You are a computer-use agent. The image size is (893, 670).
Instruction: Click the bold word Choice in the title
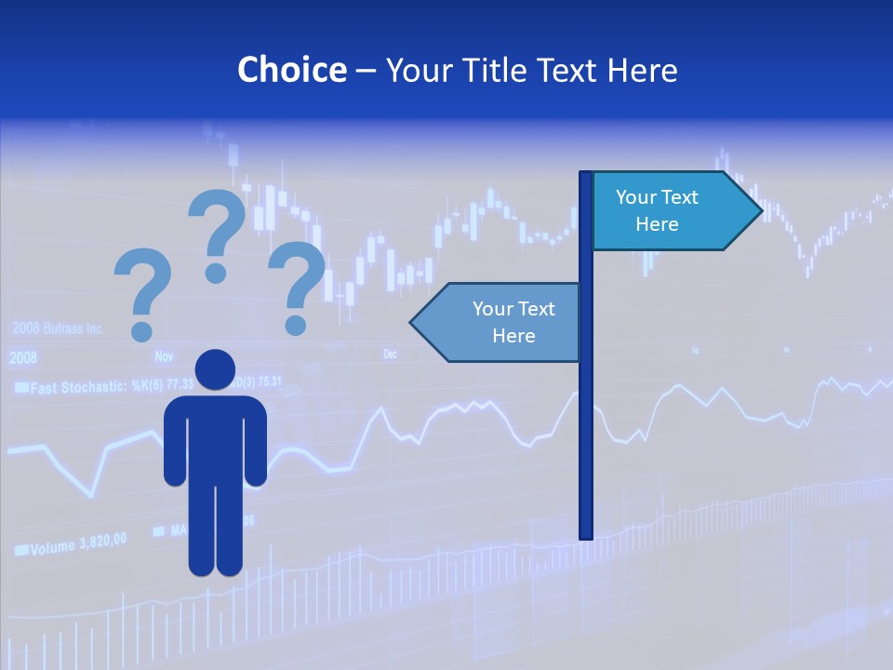pos(291,70)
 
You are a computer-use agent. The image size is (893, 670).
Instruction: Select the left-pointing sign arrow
pos(498,322)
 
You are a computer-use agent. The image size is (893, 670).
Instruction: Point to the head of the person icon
pos(215,370)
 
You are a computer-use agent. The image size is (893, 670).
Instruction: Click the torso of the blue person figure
pos(215,437)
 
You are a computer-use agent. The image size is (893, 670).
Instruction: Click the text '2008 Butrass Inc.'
pos(58,329)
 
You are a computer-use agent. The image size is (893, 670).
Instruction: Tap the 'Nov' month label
pos(164,356)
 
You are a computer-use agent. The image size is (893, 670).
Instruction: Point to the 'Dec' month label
pos(390,355)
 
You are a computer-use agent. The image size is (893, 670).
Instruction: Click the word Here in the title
pos(642,70)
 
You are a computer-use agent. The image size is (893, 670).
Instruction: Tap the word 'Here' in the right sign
pos(657,224)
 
